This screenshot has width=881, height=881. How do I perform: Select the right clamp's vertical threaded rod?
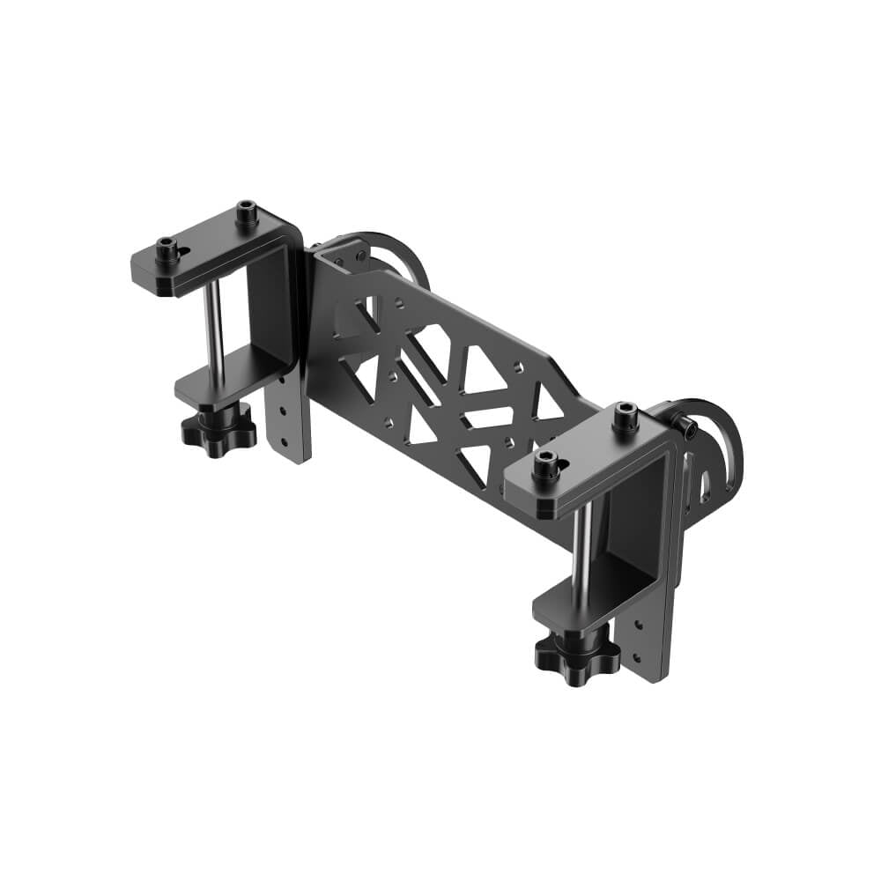coord(580,555)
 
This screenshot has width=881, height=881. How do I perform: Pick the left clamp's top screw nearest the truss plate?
coord(246,212)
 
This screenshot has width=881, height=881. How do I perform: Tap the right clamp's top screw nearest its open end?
coord(545,463)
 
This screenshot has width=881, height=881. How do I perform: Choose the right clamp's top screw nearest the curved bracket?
coord(626,415)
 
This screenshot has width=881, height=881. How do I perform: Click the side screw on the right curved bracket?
coord(687,429)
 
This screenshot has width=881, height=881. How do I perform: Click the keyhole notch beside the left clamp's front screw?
coord(183,253)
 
